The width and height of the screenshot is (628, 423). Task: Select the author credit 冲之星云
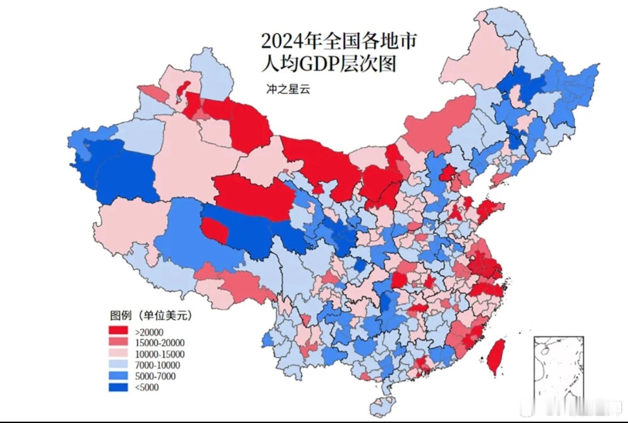(x=288, y=89)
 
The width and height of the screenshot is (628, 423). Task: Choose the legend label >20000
(x=149, y=332)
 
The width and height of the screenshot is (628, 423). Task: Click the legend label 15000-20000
(x=160, y=343)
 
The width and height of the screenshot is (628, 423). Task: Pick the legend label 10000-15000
(x=160, y=354)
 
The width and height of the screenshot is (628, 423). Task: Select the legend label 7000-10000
(x=157, y=365)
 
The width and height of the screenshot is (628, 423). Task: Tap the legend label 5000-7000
(x=155, y=376)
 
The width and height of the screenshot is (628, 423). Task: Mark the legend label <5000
(x=147, y=387)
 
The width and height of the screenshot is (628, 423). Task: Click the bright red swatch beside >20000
(x=118, y=331)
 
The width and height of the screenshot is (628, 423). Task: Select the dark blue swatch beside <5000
(x=118, y=387)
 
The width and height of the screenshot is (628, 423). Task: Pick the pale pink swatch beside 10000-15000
(x=118, y=353)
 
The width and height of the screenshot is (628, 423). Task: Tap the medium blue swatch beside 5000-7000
(x=118, y=376)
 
